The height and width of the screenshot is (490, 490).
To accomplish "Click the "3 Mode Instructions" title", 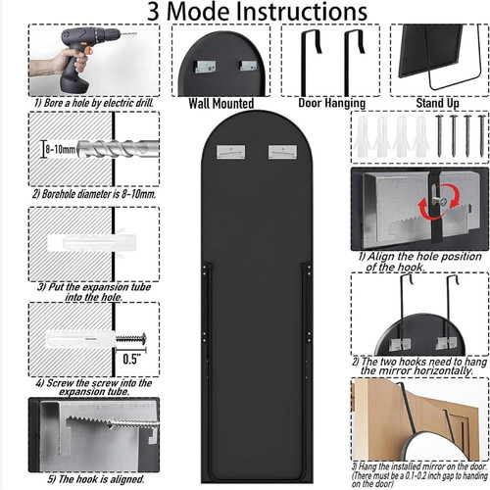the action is click(257, 12).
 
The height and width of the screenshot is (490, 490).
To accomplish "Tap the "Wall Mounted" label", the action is click(221, 104).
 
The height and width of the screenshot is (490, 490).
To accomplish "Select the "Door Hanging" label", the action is click(332, 103).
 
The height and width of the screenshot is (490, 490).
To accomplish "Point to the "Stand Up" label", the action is click(437, 103).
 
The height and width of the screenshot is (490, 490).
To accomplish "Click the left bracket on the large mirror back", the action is click(231, 152).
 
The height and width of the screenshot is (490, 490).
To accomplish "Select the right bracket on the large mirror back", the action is click(282, 152).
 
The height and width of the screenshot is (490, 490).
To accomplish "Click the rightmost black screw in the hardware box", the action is click(481, 135).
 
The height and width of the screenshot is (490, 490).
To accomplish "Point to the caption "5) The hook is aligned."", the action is click(96, 479).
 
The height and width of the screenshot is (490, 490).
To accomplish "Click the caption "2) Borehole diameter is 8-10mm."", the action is click(94, 194).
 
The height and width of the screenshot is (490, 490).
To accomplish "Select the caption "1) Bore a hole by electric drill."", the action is click(94, 103).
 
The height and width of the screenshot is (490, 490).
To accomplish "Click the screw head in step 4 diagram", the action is click(143, 339).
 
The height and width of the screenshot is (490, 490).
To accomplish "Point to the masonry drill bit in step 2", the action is click(118, 149).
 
